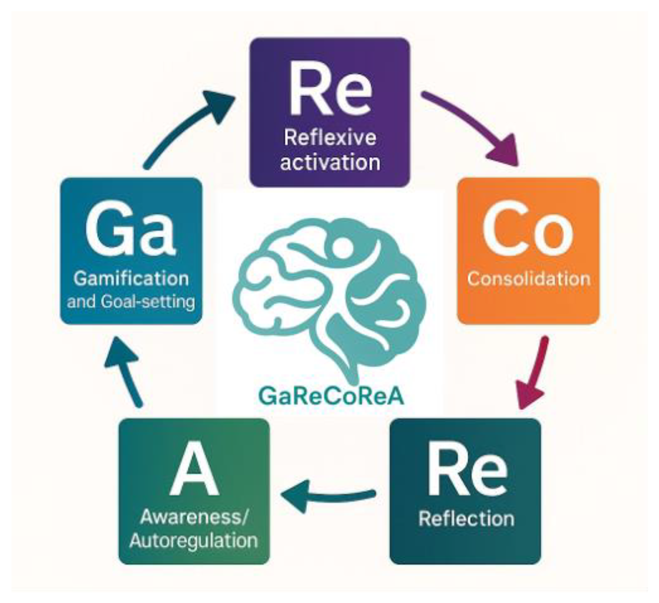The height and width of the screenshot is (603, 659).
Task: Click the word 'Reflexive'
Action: point(330,138)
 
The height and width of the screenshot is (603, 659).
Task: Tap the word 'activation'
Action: point(330,162)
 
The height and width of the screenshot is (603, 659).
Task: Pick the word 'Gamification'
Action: point(131,279)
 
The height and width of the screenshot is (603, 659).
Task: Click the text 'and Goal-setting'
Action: point(131,302)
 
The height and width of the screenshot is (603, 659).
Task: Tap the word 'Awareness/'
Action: point(194,517)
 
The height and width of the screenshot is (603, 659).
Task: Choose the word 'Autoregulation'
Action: point(194,541)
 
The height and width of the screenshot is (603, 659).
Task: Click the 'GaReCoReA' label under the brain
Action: point(331,397)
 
